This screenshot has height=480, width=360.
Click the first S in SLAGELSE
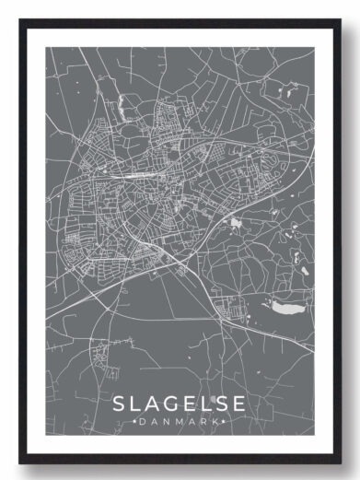click(x=120, y=404)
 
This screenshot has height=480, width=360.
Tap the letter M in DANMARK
click(x=179, y=422)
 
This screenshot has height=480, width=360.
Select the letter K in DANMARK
click(x=217, y=422)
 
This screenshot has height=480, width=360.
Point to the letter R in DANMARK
click(x=205, y=422)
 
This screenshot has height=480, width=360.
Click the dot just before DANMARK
click(x=134, y=422)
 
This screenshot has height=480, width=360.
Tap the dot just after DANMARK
click(x=226, y=422)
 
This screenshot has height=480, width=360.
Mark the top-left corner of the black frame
click(x=19, y=20)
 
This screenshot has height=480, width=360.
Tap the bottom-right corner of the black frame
click(x=343, y=462)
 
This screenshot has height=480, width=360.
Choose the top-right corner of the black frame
click(x=343, y=20)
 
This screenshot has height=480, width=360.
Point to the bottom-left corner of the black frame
click(x=19, y=462)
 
